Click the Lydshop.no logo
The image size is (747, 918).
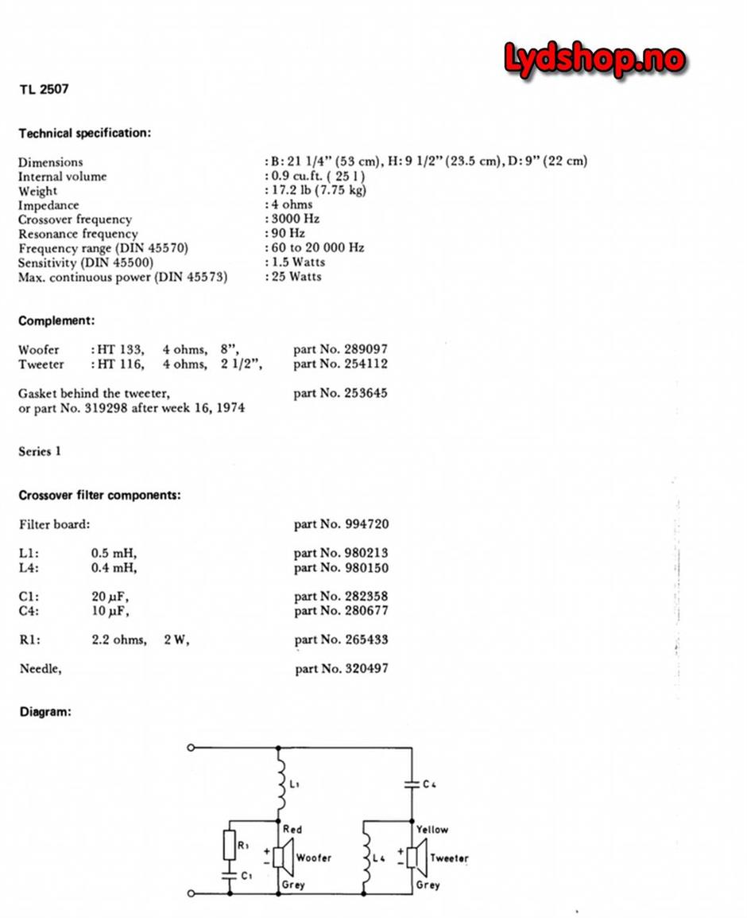coord(594,60)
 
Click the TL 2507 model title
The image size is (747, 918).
coord(44,88)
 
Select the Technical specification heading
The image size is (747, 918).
coord(84,133)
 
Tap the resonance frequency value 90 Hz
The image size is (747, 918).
coord(288,233)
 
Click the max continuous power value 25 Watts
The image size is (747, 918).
coord(296,276)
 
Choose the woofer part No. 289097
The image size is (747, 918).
coord(340,349)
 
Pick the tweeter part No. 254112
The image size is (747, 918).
coord(340,364)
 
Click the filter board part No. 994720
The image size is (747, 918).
coord(341,524)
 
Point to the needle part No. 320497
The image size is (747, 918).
coord(341,669)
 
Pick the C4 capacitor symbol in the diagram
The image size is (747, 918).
coord(412,784)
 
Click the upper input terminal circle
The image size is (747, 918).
coord(191,748)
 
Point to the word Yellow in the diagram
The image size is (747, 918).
coord(432,829)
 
